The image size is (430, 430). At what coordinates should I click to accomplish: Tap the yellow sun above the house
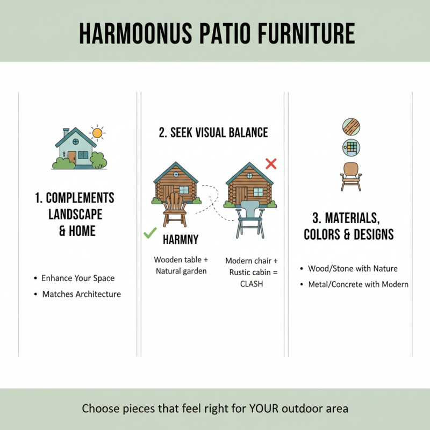[x=97, y=133]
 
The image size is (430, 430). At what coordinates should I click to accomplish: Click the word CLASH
[x=252, y=284]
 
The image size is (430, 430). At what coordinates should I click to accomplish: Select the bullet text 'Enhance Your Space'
[x=78, y=278]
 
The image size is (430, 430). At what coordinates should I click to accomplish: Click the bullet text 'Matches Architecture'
[x=82, y=294]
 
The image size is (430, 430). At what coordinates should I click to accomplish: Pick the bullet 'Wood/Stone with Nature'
[x=353, y=268]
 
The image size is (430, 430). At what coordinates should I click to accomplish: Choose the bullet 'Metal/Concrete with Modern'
[x=358, y=284]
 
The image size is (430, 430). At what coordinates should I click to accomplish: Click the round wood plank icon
[x=351, y=127]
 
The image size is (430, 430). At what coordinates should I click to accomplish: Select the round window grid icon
[x=351, y=147]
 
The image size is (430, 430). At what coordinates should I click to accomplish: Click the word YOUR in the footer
[x=261, y=408]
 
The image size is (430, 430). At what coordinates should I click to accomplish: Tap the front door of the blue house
[x=72, y=157]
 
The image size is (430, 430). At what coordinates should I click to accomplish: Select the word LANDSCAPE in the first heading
[x=76, y=214]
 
